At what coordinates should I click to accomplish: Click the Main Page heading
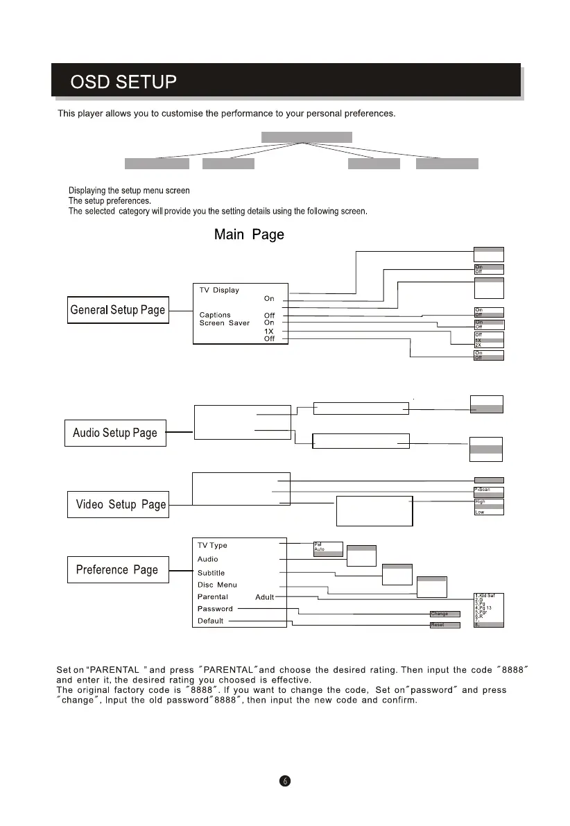[x=249, y=234]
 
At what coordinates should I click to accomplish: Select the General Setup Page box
[x=117, y=310]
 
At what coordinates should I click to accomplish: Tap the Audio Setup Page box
[x=115, y=433]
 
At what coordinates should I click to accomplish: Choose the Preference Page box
[x=116, y=570]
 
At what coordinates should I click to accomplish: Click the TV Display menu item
[x=219, y=290]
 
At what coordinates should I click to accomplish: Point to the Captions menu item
[x=215, y=315]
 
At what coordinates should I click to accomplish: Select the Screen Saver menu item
[x=225, y=323]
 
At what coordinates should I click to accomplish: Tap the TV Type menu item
[x=212, y=545]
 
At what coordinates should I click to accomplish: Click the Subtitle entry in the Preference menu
[x=211, y=573]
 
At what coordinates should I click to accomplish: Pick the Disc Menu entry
[x=216, y=585]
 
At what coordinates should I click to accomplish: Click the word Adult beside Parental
[x=264, y=597]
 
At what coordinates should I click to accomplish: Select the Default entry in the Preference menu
[x=210, y=621]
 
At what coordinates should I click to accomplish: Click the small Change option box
[x=444, y=614]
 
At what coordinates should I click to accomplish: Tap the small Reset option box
[x=444, y=625]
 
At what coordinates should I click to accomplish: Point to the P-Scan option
[x=483, y=490]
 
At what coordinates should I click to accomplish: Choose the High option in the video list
[x=481, y=501]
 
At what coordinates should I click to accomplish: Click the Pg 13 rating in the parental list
[x=485, y=608]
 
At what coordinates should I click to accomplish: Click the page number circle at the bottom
[x=284, y=780]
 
